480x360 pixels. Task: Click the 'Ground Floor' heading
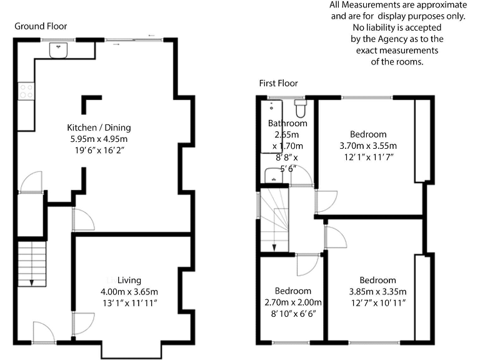coord(41,26)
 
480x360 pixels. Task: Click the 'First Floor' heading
coord(279,83)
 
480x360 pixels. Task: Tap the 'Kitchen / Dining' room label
coord(99,127)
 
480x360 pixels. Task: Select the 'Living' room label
coord(129,280)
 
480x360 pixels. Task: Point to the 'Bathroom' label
coord(287,124)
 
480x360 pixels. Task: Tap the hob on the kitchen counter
coord(27,92)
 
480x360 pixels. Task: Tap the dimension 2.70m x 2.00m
coord(292,302)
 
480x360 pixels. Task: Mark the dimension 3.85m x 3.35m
coord(377,291)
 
